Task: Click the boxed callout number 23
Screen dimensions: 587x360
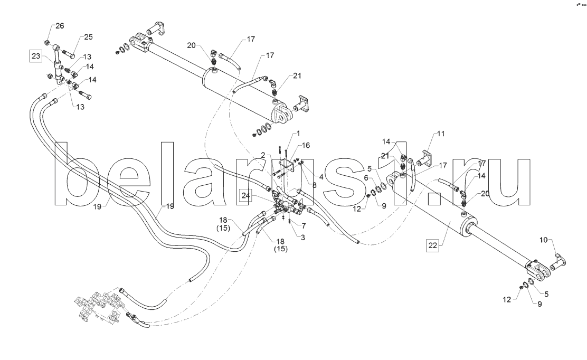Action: pos(36,56)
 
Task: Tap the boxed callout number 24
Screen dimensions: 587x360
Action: pos(245,195)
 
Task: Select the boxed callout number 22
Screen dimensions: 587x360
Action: pos(432,246)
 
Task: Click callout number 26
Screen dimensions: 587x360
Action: pos(60,26)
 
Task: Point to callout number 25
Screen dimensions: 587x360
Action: pos(88,37)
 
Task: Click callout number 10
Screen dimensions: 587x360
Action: pos(544,240)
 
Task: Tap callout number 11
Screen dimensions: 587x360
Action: pos(441,134)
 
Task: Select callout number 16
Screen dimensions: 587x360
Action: pos(306,145)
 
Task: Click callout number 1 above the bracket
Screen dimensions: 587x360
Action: pos(298,133)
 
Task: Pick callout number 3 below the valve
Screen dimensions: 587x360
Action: pos(303,237)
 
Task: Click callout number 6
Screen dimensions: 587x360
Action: pos(366,178)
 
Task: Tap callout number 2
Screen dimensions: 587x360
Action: pos(263,155)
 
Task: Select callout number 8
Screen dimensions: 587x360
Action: pos(315,185)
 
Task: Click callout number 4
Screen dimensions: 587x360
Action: pos(321,176)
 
